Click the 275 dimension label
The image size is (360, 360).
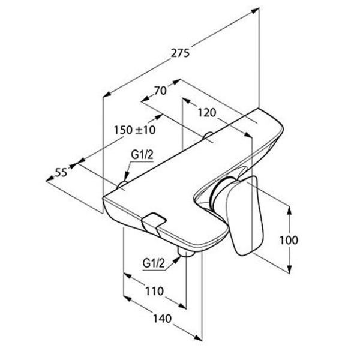[181, 53]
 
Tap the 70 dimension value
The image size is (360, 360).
[160, 91]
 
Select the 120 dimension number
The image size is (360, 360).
[207, 113]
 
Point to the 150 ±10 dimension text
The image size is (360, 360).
[135, 130]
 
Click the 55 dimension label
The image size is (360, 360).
[61, 172]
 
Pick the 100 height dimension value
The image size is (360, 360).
[289, 240]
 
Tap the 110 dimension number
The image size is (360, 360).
[154, 292]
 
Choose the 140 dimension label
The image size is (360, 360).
[162, 319]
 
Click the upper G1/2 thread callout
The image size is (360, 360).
[142, 155]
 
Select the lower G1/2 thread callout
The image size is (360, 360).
[154, 263]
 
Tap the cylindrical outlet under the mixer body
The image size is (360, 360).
[185, 251]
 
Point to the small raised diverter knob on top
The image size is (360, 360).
[154, 221]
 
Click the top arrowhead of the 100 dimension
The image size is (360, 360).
[290, 211]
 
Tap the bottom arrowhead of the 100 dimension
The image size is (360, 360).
[290, 269]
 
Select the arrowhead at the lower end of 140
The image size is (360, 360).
[198, 337]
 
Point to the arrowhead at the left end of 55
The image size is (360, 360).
[50, 179]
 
